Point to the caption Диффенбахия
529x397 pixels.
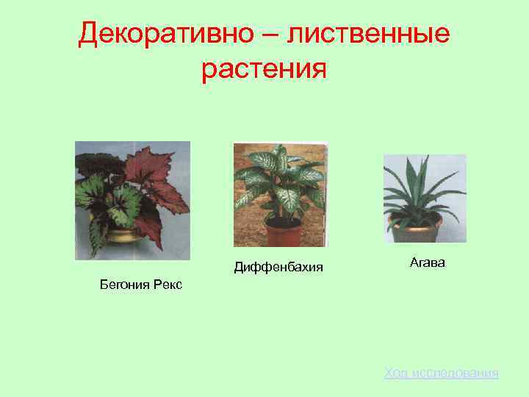point(278,266)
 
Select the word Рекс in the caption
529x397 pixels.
point(168,284)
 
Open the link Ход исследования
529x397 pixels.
point(441,373)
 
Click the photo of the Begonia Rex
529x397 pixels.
point(133,200)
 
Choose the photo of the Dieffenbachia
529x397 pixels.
point(280,194)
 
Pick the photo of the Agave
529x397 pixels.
point(425,198)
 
